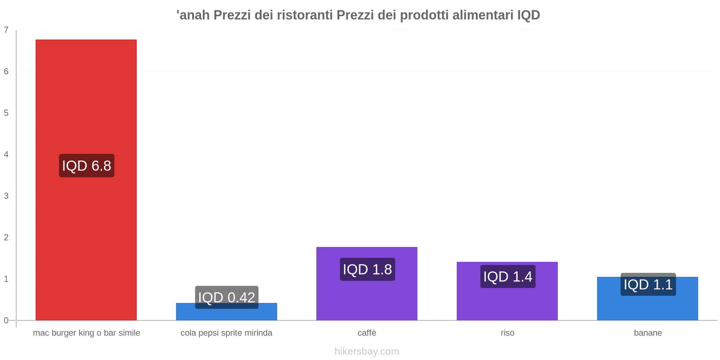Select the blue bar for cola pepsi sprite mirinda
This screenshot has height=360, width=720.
click(226, 315)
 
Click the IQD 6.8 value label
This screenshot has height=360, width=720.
click(86, 166)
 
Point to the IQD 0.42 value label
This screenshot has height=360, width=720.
click(226, 297)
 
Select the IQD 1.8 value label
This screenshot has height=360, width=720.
click(367, 269)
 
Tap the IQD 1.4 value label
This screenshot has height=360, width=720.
click(508, 276)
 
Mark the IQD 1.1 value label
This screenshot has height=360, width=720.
click(648, 284)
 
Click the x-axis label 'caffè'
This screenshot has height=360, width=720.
click(367, 333)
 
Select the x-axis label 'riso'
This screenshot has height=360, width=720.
click(507, 333)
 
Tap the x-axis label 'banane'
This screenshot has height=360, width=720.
click(648, 333)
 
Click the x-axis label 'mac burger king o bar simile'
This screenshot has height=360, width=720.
click(86, 333)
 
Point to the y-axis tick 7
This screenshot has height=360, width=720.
click(6, 30)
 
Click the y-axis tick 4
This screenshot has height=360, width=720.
click(6, 154)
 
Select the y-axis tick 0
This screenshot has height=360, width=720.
click(6, 320)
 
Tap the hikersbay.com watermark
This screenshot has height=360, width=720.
click(367, 351)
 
